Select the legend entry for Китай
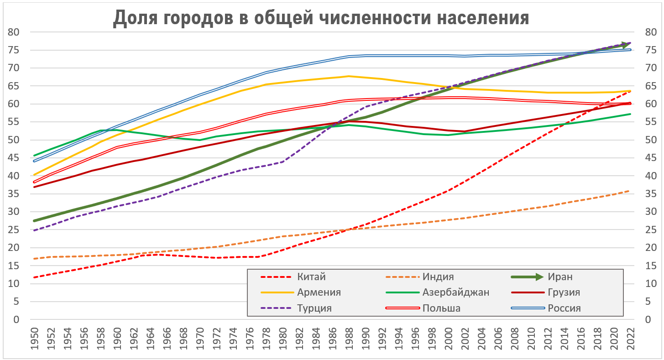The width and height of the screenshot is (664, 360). point(311,277)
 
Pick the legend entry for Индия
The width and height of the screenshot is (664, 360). point(438,277)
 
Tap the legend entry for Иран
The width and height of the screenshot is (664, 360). point(560,277)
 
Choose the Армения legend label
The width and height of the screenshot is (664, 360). point(319,292)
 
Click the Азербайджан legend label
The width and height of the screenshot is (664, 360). point(455,292)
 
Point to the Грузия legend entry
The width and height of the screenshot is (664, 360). point(564,292)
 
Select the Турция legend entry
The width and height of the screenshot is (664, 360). point(314,308)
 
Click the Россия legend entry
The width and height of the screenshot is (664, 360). point(564,308)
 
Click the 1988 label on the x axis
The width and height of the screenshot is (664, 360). point(349,339)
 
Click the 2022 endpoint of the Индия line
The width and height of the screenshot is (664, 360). point(631,191)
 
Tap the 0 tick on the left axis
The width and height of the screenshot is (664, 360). point(17,319)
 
